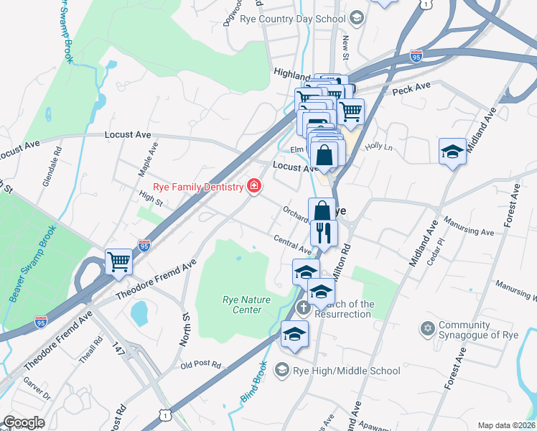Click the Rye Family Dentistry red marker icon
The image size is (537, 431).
(253, 187)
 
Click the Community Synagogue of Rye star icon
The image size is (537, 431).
(429, 328)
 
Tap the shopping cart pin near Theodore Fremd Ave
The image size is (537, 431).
(118, 261)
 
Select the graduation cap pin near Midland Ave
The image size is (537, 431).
(452, 152)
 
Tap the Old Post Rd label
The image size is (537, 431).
(200, 364)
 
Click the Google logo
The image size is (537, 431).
(24, 422)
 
